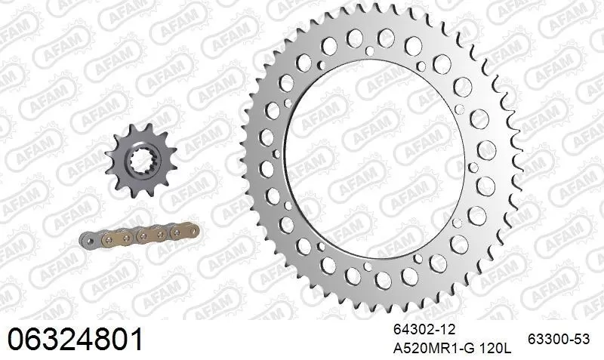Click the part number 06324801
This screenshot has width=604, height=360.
tap(75, 338)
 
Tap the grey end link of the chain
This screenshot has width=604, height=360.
tap(90, 239)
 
